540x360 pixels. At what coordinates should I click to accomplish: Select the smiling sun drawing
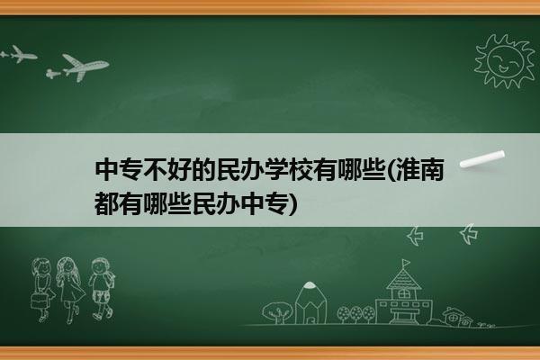pos(505,60)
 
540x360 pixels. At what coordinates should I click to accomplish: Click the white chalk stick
pos(482,159)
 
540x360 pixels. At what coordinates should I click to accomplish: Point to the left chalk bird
pos(415,236)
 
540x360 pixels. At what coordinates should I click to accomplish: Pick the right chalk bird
pos(469,234)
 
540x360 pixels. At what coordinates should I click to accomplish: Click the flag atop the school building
pos(407,263)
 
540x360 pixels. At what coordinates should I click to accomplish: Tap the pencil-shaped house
pos(310,302)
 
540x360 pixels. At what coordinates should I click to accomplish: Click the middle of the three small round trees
pos(356,313)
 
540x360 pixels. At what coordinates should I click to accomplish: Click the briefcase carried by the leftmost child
pos(39,300)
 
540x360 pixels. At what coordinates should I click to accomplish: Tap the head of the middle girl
pos(67,266)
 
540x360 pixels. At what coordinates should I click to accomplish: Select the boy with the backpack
pos(102,288)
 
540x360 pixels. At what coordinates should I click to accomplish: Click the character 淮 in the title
pos(407,170)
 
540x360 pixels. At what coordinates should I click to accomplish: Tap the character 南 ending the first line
pos(431,170)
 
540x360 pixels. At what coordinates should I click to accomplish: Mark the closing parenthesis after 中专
pos(292,204)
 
